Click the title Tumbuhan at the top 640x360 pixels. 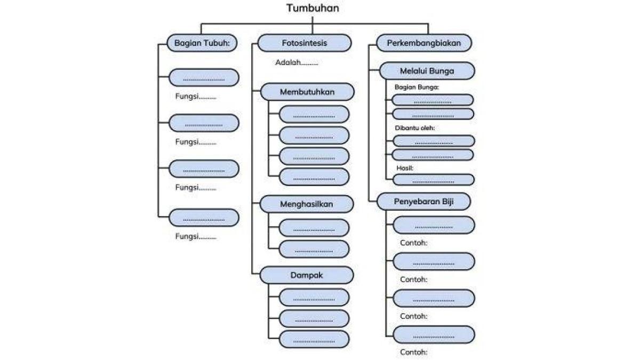[x=312, y=8]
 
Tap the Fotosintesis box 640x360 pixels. [x=305, y=43]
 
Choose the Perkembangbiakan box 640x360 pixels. [x=424, y=43]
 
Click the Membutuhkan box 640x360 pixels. [x=307, y=92]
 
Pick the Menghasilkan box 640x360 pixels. [x=307, y=204]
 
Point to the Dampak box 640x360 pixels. [x=307, y=275]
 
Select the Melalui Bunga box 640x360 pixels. [x=427, y=71]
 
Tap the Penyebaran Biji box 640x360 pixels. [x=424, y=202]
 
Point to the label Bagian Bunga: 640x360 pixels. [x=417, y=87]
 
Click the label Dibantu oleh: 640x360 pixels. [x=414, y=128]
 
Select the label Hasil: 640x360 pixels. [x=405, y=168]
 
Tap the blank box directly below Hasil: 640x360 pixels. [x=433, y=180]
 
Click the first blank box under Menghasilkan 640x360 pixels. [x=314, y=228]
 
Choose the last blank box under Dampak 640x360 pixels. [x=314, y=339]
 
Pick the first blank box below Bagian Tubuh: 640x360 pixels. [x=204, y=78]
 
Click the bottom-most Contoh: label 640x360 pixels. [x=414, y=352]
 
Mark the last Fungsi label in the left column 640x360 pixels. [x=196, y=237]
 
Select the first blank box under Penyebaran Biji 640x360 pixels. [x=434, y=225]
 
